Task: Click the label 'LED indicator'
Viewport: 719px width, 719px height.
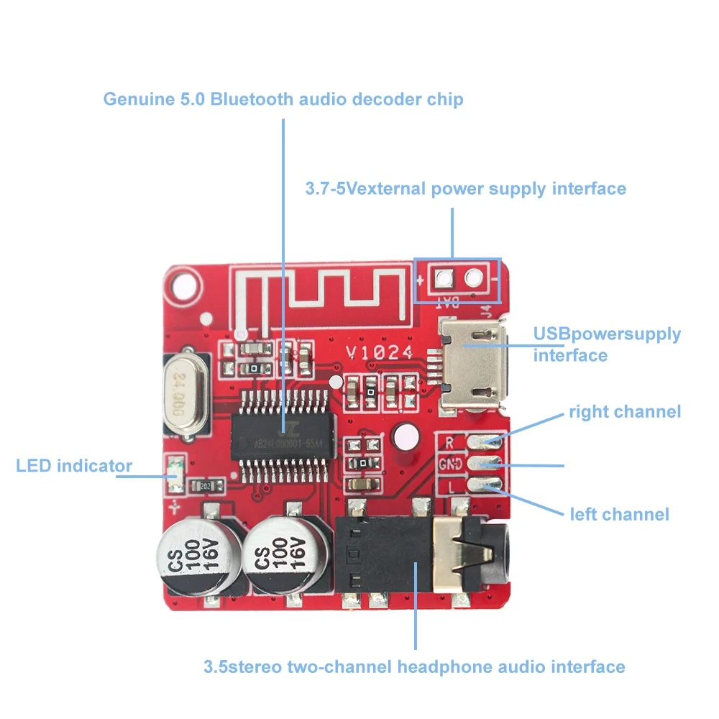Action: (74, 466)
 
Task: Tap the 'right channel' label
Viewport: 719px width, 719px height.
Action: (624, 412)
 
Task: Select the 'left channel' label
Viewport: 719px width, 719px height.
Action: (619, 514)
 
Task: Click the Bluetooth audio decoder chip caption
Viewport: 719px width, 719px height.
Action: (283, 99)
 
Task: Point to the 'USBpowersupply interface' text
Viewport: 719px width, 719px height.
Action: (607, 344)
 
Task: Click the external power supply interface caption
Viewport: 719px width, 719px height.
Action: (465, 189)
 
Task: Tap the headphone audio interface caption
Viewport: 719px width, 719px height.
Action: (414, 667)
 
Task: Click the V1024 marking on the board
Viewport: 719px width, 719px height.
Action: (379, 352)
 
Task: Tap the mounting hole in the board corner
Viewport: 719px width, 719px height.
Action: (180, 286)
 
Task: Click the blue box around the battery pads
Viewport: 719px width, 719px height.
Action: (457, 279)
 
